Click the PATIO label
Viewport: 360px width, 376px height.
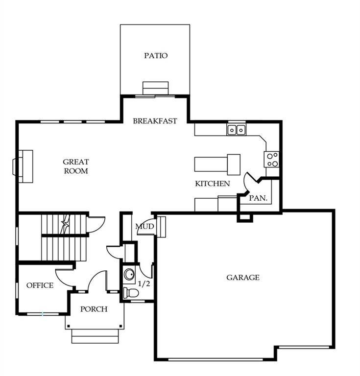pyautogui.click(x=156, y=55)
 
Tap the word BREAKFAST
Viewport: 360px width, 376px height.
pyautogui.click(x=155, y=121)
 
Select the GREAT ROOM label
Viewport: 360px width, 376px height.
pyautogui.click(x=76, y=166)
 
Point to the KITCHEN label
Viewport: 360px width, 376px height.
pyautogui.click(x=212, y=184)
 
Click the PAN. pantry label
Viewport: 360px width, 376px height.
pyautogui.click(x=258, y=198)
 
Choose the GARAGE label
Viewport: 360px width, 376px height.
pyautogui.click(x=242, y=278)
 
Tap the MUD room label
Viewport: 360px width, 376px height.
pyautogui.click(x=145, y=227)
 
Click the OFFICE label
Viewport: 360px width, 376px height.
pyautogui.click(x=40, y=285)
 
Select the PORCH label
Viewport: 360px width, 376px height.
pyautogui.click(x=94, y=309)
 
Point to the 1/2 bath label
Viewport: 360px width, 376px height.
pyautogui.click(x=144, y=283)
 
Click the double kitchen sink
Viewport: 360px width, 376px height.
pyautogui.click(x=236, y=130)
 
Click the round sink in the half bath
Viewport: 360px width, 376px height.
pyautogui.click(x=129, y=274)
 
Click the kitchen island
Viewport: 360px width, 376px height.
pyautogui.click(x=217, y=163)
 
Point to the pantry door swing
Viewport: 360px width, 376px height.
pyautogui.click(x=251, y=182)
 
